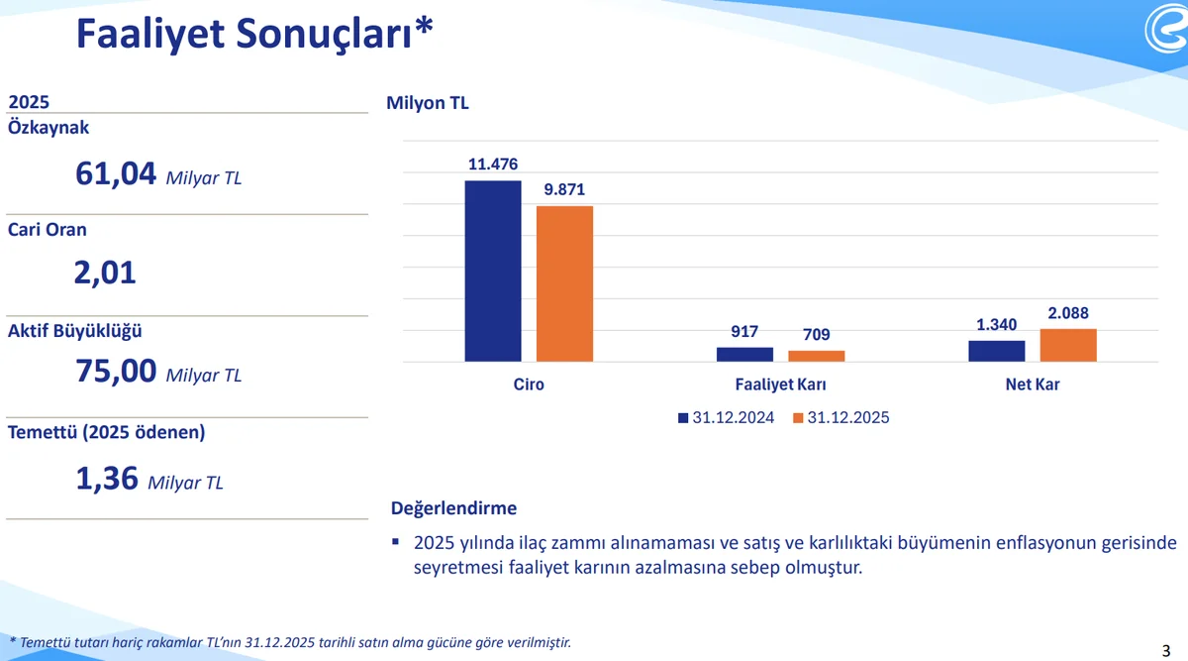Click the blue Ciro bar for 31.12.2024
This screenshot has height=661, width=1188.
(x=493, y=271)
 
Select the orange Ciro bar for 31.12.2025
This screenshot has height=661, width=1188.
(x=564, y=283)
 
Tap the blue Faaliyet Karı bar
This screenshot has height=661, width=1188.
(x=744, y=354)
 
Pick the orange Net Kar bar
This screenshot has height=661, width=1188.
(x=1068, y=345)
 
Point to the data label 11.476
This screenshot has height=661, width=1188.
(x=493, y=164)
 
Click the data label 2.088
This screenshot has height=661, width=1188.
(x=1068, y=313)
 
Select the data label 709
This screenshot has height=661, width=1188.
(x=817, y=335)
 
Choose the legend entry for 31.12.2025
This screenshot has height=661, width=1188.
(x=841, y=418)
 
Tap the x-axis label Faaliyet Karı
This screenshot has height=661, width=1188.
(x=781, y=385)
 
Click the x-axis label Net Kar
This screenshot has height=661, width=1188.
(x=1033, y=385)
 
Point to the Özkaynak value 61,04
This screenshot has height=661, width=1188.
(x=116, y=173)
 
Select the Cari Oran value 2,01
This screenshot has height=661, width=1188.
(x=104, y=273)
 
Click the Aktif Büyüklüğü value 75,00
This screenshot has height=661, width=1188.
(x=116, y=371)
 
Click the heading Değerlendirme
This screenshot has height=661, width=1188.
(x=454, y=508)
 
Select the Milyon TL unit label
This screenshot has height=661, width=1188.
(x=428, y=103)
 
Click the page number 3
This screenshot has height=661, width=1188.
(x=1165, y=650)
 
